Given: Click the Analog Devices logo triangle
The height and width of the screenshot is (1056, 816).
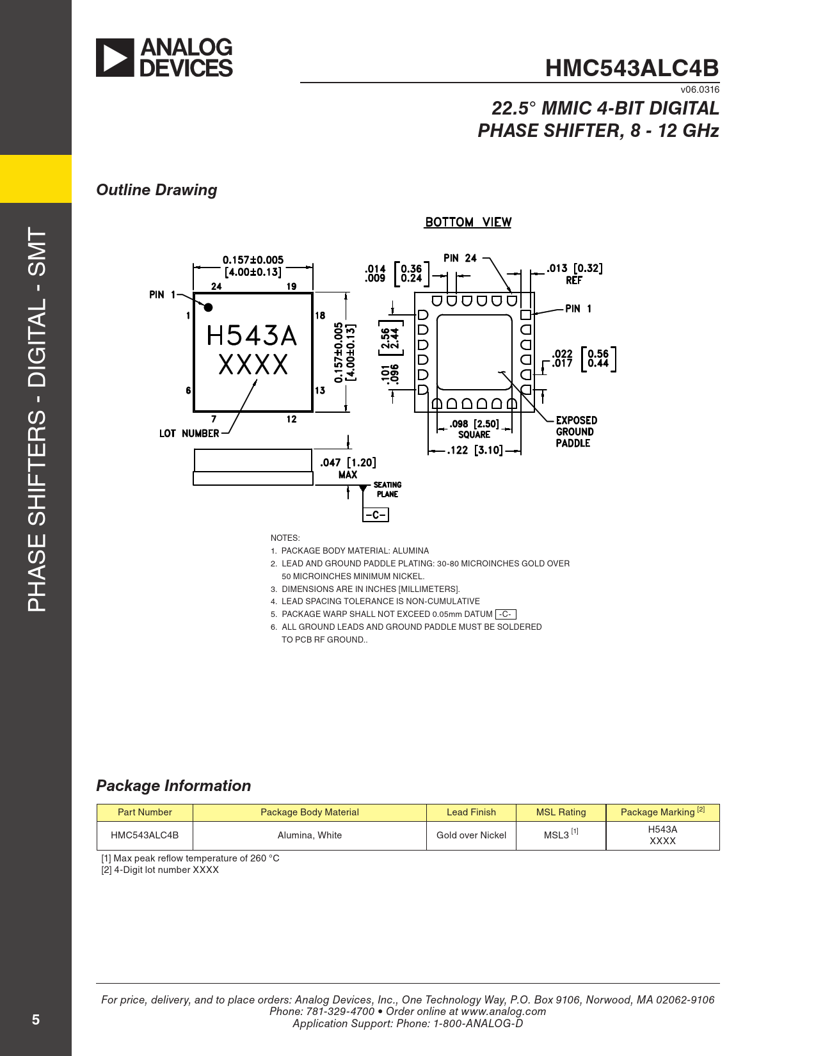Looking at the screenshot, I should click(115, 58).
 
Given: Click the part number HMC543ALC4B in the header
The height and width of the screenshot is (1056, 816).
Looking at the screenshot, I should click(632, 68).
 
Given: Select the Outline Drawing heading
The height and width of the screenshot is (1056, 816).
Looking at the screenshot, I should click(157, 190).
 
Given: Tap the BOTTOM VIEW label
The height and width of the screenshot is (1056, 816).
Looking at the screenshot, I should click(468, 222).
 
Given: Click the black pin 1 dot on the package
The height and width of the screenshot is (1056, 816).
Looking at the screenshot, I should click(208, 307).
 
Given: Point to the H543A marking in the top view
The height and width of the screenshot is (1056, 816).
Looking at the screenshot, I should click(252, 336).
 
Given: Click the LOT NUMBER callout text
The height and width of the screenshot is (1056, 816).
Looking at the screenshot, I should click(189, 433).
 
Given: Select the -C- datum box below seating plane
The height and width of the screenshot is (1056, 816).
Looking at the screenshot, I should click(376, 515).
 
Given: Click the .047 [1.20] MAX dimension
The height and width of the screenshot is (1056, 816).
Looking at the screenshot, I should click(348, 468).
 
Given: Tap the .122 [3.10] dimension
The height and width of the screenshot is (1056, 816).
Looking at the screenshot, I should click(474, 450).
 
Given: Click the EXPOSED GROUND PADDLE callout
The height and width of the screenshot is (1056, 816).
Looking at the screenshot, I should click(576, 431).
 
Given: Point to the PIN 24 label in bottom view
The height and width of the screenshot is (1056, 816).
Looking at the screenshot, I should click(460, 258).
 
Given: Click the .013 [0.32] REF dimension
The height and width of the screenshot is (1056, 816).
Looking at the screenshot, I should click(574, 274).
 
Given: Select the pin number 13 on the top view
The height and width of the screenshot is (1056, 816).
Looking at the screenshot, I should click(320, 390).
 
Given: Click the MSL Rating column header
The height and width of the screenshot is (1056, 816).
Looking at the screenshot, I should click(561, 812).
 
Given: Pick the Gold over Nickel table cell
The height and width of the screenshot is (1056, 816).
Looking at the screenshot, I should click(471, 835).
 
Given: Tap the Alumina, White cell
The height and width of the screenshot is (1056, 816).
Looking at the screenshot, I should click(309, 835).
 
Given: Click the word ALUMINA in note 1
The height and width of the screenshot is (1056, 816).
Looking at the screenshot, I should click(410, 550).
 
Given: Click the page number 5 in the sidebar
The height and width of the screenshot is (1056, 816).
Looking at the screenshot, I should click(36, 1020).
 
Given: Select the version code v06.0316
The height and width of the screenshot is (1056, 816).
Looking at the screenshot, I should click(700, 90).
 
